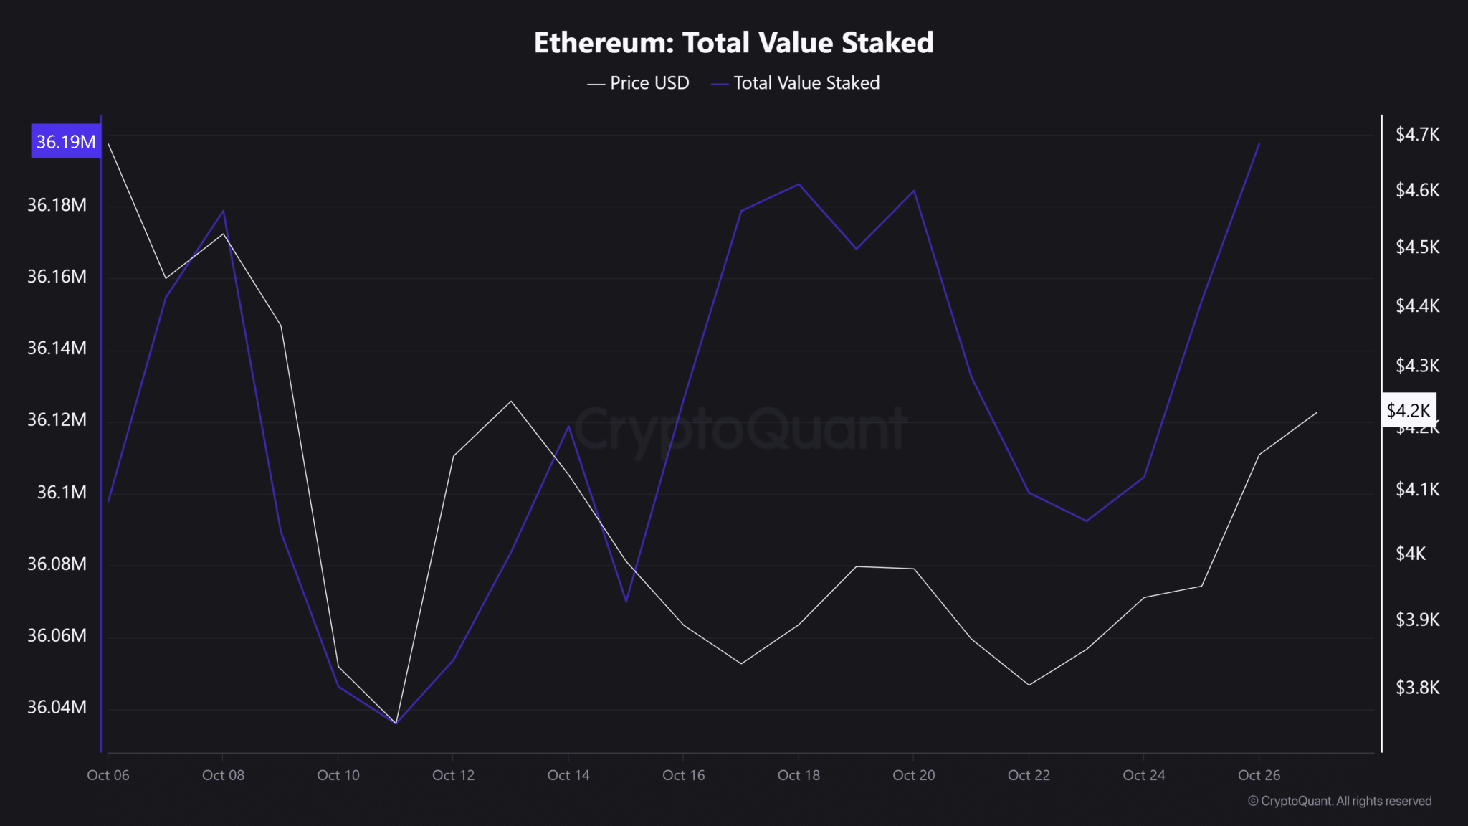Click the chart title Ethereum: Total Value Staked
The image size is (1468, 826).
pos(733,43)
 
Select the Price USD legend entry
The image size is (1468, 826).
pos(638,83)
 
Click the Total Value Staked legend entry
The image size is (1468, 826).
pos(796,83)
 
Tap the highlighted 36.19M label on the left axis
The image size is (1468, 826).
pos(66,141)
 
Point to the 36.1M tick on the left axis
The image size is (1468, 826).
pos(62,492)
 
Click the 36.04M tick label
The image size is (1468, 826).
pos(57,707)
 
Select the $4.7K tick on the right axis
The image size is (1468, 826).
pos(1417,134)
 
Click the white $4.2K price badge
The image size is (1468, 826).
pos(1408,410)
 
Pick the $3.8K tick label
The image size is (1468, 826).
pos(1417,688)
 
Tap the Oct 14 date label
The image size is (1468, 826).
pos(568,775)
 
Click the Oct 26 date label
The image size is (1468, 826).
pos(1259,775)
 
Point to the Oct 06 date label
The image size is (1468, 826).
pos(108,775)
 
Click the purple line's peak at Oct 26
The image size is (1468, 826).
pos(1259,143)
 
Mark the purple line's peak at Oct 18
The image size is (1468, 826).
pos(799,184)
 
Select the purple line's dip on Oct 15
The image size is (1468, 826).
pos(626,601)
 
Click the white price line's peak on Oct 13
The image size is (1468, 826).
pos(511,401)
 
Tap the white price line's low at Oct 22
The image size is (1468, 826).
pos(1029,685)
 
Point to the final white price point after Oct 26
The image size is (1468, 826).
pos(1317,412)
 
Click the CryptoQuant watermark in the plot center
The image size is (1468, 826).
pos(740,429)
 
